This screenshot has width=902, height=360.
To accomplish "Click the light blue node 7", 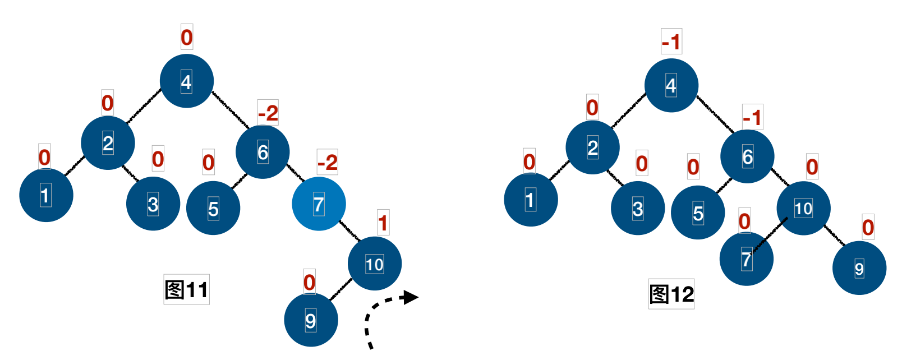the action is click(319, 204).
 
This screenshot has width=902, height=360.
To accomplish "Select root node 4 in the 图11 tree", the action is click(187, 81).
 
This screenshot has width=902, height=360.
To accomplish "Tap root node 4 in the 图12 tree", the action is click(671, 85).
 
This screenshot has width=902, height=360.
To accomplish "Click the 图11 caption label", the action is click(186, 290).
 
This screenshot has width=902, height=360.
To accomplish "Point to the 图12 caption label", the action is click(671, 294).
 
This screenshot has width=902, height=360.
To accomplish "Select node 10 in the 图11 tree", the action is click(375, 264).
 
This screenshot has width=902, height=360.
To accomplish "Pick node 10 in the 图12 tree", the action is click(803, 208).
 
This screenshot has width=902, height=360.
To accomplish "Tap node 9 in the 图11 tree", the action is click(311, 320).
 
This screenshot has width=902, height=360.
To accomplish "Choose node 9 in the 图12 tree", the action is click(859, 269).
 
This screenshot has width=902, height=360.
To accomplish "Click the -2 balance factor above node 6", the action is click(268, 113).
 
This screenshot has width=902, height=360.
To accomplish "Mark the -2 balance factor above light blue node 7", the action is click(328, 163).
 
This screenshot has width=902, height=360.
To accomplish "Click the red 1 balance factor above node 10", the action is click(383, 223).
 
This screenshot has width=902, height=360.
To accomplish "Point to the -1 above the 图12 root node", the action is click(671, 41).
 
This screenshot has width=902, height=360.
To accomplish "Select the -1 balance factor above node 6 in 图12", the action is click(752, 118).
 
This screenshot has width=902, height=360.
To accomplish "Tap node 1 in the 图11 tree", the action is click(46, 195).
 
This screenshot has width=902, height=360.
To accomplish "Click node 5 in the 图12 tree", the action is click(698, 213).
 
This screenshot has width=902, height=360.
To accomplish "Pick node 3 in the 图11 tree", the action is click(153, 204).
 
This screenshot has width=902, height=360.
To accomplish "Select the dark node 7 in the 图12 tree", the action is click(746, 259).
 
